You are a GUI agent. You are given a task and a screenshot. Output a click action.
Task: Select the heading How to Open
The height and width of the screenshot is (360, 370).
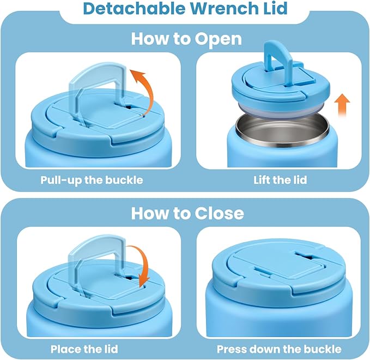(x=186, y=39)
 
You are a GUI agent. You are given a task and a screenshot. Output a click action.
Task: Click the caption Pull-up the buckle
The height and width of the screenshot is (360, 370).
(x=92, y=179)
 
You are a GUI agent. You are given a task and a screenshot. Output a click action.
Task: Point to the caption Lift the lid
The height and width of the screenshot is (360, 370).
(x=280, y=179)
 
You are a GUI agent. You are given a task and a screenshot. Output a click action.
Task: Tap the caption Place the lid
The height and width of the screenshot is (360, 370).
(x=84, y=349)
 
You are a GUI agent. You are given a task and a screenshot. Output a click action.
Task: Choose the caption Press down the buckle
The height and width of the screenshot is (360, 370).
(x=279, y=349)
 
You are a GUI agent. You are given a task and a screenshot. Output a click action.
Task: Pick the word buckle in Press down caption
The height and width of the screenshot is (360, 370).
(x=322, y=349)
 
